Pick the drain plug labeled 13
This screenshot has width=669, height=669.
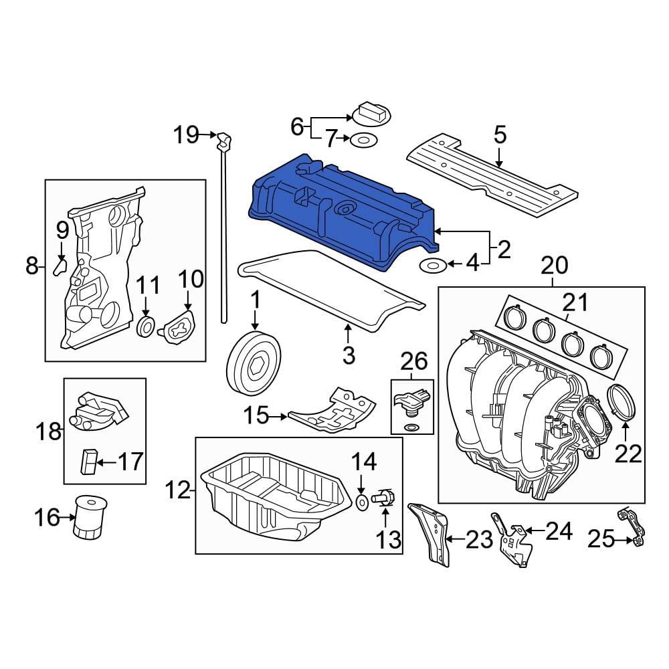[385, 497]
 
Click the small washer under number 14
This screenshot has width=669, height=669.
[361, 501]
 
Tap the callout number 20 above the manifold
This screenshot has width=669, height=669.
[554, 266]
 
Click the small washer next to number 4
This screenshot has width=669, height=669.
[432, 266]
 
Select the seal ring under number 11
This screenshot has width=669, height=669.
[146, 328]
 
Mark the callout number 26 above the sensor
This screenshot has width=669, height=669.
[413, 362]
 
